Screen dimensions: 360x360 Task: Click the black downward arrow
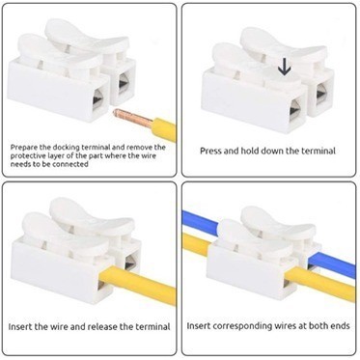coord(285,68)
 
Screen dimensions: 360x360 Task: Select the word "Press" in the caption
coord(210,151)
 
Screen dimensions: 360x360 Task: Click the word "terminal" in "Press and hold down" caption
coord(318,151)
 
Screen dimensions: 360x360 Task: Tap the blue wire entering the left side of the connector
coord(200,222)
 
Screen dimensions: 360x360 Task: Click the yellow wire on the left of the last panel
coord(195,244)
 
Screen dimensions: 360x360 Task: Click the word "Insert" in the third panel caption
coord(20,327)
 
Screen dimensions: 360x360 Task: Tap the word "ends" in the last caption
coord(340,326)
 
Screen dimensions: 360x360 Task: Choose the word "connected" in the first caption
coord(70,164)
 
